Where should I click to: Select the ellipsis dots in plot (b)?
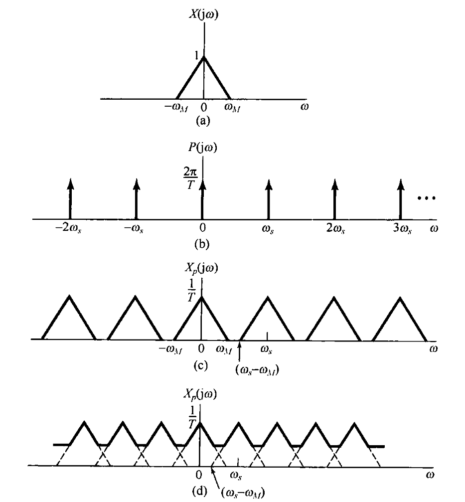[x=427, y=198]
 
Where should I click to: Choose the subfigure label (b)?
[x=203, y=244]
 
